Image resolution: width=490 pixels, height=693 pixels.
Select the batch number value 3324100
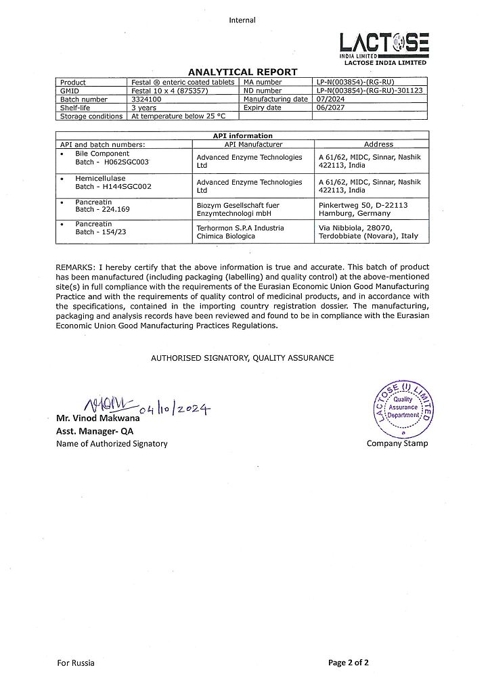(143, 99)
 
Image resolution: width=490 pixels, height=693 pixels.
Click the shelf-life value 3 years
(144, 107)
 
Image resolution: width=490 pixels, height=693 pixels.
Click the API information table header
(242, 136)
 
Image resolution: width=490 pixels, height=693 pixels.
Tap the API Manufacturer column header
(253, 144)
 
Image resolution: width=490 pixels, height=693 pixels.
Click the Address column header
(378, 144)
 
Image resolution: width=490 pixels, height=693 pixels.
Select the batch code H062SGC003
(126, 162)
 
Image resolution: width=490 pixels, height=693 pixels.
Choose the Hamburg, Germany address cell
(363, 208)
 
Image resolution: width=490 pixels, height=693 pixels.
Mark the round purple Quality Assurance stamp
(402, 408)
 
